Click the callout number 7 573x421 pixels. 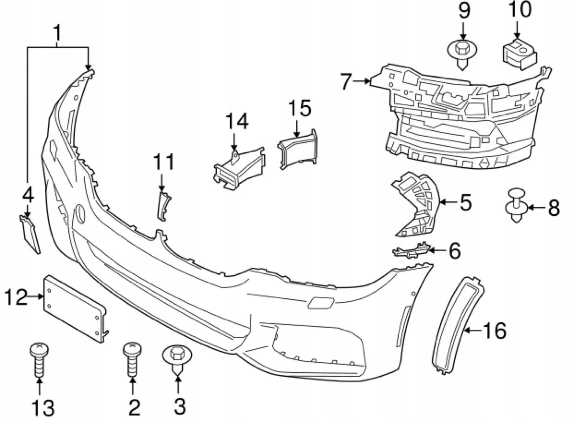pyautogui.click(x=346, y=82)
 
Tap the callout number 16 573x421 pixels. pyautogui.click(x=494, y=330)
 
